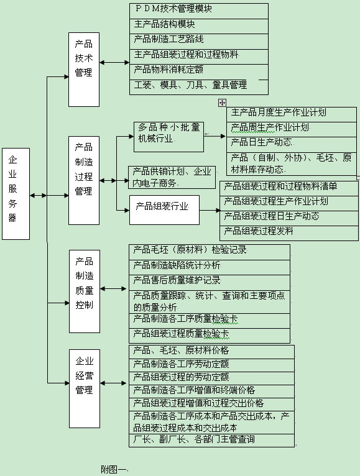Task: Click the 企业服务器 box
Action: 16,194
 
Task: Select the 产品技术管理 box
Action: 84,70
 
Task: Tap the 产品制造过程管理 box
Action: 84,180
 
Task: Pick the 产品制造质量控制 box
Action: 85,291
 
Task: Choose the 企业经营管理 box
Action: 85,388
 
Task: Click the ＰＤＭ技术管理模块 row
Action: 199,11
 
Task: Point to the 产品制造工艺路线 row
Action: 199,42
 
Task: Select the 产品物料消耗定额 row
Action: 199,72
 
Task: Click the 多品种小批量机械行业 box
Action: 169,137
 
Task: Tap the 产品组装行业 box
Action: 164,210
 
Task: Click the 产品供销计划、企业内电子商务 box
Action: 172,177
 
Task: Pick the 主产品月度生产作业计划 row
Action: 292,114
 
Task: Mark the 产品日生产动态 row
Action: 292,145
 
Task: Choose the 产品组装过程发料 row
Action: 289,233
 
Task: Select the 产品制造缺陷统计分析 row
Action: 210,267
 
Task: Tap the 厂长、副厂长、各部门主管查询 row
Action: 212,441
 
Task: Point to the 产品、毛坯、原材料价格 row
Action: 212,352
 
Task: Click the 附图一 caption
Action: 113,469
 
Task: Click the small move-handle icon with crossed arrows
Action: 222,103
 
